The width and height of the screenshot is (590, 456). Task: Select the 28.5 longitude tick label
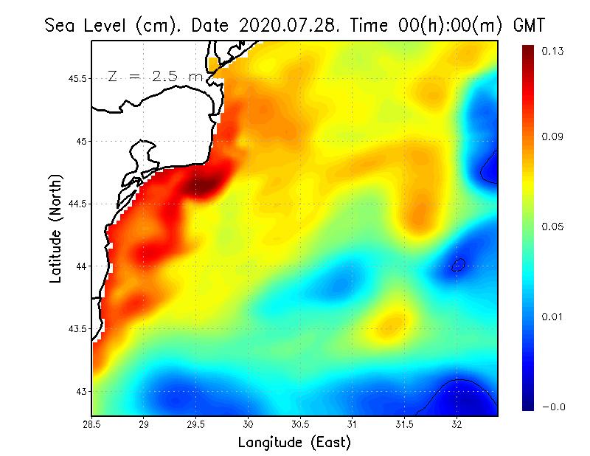pyautogui.click(x=91, y=424)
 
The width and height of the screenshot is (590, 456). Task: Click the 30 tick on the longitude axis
pyautogui.click(x=248, y=424)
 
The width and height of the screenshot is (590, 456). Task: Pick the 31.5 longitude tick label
pyautogui.click(x=404, y=424)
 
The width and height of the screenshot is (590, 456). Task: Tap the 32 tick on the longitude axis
pyautogui.click(x=457, y=424)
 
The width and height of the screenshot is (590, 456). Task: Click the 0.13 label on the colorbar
pyautogui.click(x=554, y=52)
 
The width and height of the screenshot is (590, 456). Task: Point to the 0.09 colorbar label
pyautogui.click(x=554, y=137)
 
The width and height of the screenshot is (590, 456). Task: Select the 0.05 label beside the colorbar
pyautogui.click(x=554, y=227)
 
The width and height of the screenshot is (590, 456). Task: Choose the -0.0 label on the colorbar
pyautogui.click(x=552, y=407)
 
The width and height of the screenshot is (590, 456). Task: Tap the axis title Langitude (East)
pyautogui.click(x=294, y=443)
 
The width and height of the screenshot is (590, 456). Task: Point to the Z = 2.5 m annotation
pyautogui.click(x=156, y=77)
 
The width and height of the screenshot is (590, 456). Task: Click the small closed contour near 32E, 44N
pyautogui.click(x=458, y=264)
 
